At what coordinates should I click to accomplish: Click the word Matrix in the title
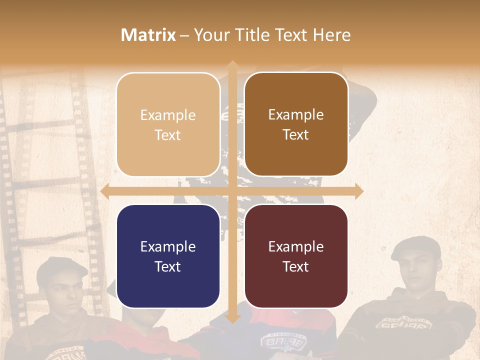148,35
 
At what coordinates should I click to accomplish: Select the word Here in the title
332,35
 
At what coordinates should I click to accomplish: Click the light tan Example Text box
168,124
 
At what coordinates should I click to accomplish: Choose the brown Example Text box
296,124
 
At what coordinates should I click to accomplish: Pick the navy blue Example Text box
168,256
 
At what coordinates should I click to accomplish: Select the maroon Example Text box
296,256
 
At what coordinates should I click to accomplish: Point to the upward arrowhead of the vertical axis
232,65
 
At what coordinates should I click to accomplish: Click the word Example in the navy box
168,246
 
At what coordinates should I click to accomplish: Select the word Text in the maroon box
296,266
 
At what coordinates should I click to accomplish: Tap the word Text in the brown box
296,135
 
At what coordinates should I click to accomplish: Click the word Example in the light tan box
168,115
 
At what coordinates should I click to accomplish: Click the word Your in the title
210,35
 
